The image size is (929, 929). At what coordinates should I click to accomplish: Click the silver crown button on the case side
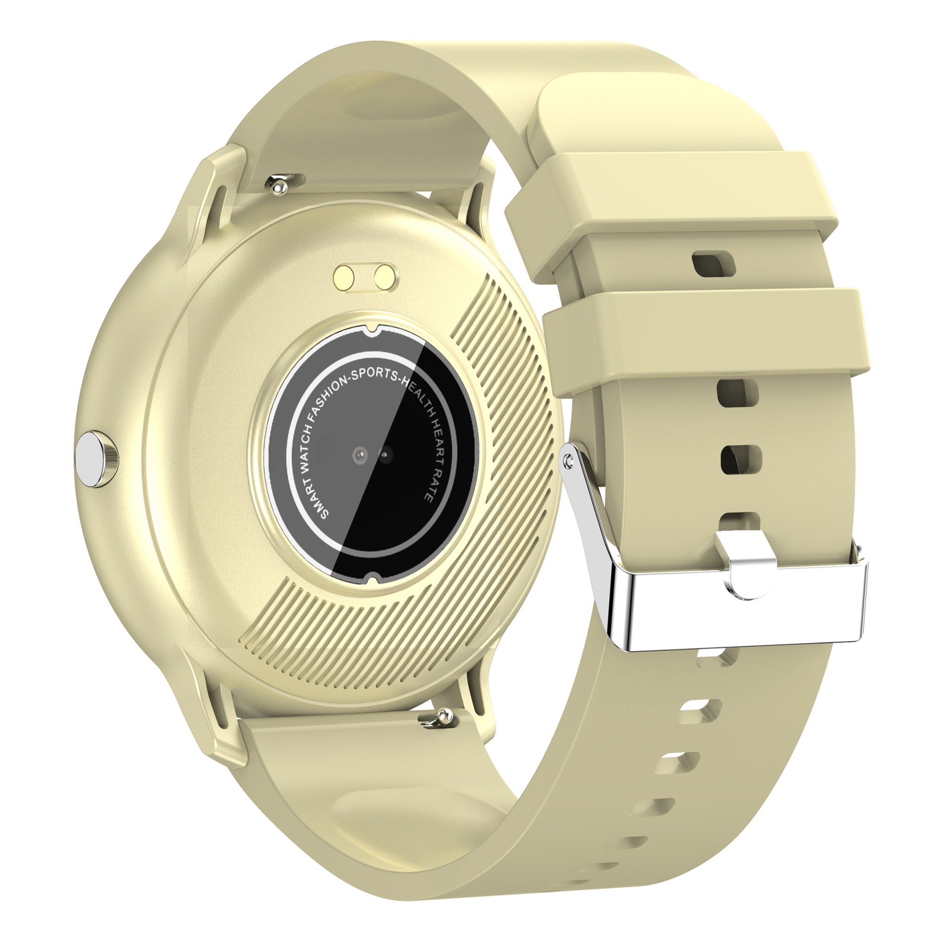click(x=96, y=459)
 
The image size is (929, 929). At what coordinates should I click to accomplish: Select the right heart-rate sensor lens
click(x=385, y=452)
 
